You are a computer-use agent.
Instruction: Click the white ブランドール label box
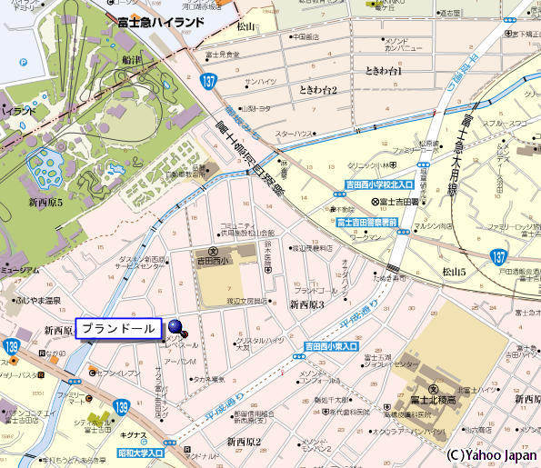pyautogui.click(x=118, y=328)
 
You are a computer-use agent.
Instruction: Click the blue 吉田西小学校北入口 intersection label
pyautogui.click(x=379, y=184)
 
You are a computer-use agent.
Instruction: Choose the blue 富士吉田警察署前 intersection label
pyautogui.click(x=366, y=222)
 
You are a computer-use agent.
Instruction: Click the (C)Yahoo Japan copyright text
pyautogui.click(x=490, y=453)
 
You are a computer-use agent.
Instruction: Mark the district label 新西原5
pyautogui.click(x=45, y=202)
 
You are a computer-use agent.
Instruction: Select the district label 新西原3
pyautogui.click(x=306, y=304)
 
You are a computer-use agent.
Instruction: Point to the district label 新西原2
pyautogui.click(x=244, y=442)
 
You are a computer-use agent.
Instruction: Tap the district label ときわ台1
pyautogui.click(x=383, y=71)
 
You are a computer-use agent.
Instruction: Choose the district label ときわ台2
pyautogui.click(x=317, y=90)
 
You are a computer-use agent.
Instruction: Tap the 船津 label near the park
pyautogui.click(x=131, y=60)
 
